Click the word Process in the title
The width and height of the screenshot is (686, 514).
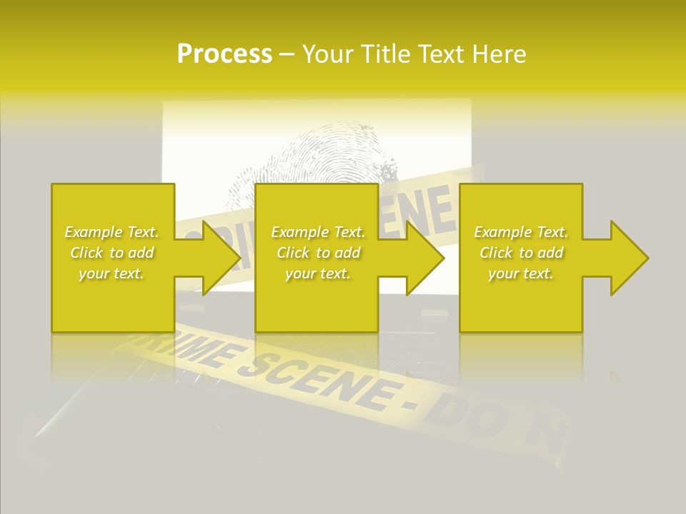224,54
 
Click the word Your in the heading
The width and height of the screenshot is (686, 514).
329,54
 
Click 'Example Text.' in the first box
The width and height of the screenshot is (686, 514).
111,232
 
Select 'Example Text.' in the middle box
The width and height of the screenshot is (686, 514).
318,232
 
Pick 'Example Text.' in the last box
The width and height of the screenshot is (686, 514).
521,232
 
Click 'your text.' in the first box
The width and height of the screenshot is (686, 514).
111,273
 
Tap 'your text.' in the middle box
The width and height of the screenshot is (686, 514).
318,273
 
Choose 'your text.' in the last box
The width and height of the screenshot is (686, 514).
521,273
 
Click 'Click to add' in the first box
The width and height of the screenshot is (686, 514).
111,253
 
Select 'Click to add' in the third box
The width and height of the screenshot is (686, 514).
521,253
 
